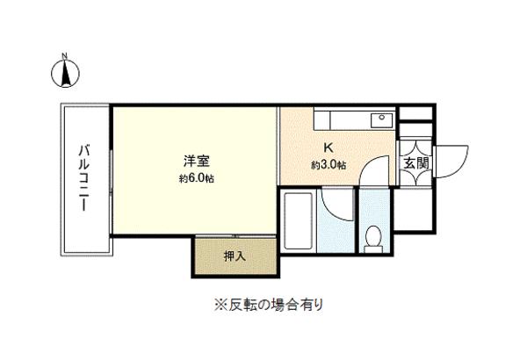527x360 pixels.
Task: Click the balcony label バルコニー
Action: tap(84, 179)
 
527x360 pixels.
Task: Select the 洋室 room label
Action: tap(196, 162)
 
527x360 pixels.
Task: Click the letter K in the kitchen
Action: tap(328, 148)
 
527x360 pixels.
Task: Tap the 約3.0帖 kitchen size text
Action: tap(328, 164)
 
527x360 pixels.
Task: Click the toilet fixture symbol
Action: tap(374, 234)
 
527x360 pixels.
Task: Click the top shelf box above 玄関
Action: tap(415, 113)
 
